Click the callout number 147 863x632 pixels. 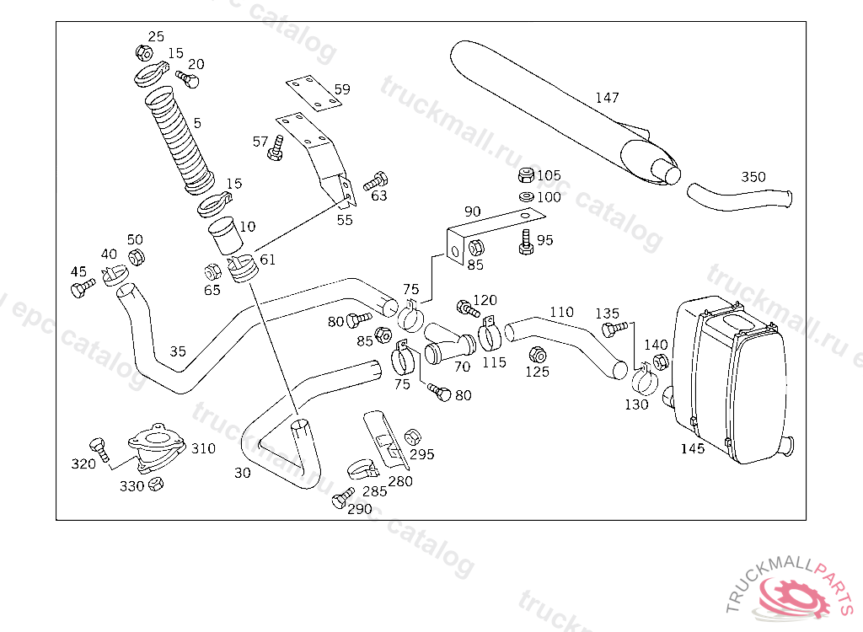tap(607, 98)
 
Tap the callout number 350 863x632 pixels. tap(753, 177)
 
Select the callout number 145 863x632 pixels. tap(693, 448)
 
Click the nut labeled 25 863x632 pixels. tap(144, 53)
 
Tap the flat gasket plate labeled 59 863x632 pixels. tap(314, 94)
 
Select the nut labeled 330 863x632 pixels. tap(155, 484)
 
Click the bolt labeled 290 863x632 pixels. tap(342, 499)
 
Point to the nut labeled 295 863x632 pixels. tap(412, 437)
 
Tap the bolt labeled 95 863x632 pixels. tap(526, 242)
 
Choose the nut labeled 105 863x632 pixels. tap(525, 176)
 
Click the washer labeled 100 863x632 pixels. tap(525, 196)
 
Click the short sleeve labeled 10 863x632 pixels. tap(225, 235)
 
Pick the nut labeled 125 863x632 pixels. tap(535, 354)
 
